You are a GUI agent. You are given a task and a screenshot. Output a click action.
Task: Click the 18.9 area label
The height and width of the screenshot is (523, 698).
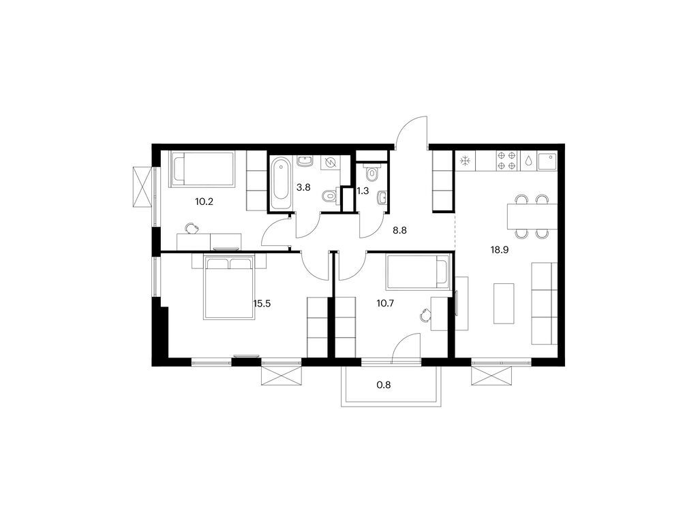(500, 250)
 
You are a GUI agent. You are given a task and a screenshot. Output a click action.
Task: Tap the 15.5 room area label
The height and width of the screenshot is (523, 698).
(262, 304)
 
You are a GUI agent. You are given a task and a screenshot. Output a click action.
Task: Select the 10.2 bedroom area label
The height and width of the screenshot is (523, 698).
(204, 202)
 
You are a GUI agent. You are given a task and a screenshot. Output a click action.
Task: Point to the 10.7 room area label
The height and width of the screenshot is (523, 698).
(386, 304)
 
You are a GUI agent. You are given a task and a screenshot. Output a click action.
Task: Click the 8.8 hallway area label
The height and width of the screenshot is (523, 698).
(399, 230)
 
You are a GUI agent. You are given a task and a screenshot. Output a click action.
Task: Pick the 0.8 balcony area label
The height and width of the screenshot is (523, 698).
(384, 385)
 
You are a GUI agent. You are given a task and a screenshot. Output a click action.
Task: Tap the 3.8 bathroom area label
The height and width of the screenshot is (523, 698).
(303, 187)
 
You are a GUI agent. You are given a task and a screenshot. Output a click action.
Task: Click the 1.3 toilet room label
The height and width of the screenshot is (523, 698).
(363, 191)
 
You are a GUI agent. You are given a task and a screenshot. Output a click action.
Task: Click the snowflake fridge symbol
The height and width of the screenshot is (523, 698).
(466, 161)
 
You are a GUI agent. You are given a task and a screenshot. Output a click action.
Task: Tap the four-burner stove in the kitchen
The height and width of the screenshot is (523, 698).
(507, 161)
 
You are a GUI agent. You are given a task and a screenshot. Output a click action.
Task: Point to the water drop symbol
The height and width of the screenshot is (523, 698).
(528, 161)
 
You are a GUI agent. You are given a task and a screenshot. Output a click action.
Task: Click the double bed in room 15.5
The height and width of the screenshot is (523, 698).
(229, 287)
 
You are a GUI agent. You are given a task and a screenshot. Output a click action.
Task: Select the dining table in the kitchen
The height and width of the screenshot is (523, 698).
(532, 217)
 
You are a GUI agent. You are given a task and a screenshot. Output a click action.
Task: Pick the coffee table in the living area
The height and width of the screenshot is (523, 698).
(504, 303)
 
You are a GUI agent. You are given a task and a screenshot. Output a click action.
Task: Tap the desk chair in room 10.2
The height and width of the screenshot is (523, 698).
(192, 228)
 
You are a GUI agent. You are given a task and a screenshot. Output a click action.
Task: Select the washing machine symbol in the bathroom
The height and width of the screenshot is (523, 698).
(331, 163)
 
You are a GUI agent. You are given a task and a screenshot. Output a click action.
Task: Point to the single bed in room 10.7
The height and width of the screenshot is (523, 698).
(419, 271)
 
